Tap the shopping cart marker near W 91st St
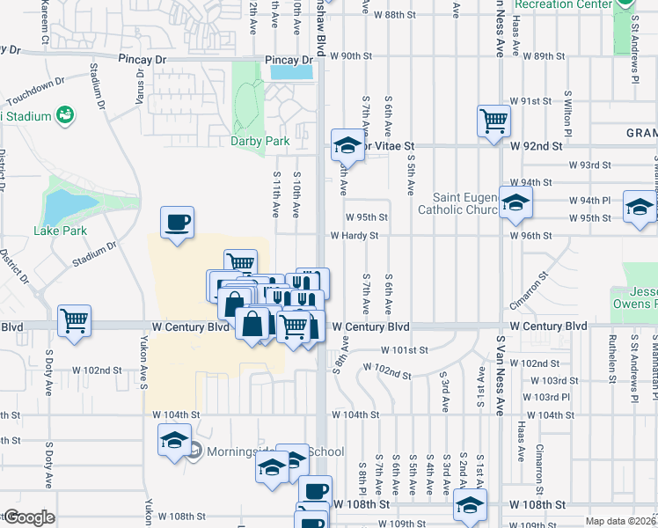(x=493, y=121)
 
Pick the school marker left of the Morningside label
(x=174, y=438)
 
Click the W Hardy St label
(x=354, y=236)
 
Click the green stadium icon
(x=63, y=114)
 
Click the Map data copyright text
(x=621, y=521)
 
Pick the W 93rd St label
(x=589, y=165)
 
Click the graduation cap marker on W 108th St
(x=470, y=506)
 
